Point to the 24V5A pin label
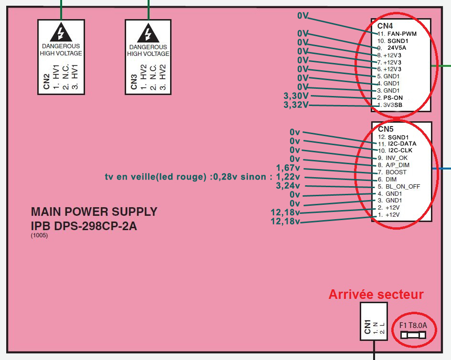pyautogui.click(x=397, y=48)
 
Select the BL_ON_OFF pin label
pyautogui.click(x=403, y=186)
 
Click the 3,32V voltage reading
pyautogui.click(x=296, y=105)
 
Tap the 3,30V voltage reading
pyautogui.click(x=296, y=96)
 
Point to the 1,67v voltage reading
pyautogui.click(x=288, y=168)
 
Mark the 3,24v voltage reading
pyautogui.click(x=288, y=186)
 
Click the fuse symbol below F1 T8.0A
pyautogui.click(x=413, y=336)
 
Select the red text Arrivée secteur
pyautogui.click(x=376, y=295)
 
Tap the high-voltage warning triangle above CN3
pyautogui.click(x=148, y=32)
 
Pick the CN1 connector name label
pyautogui.click(x=367, y=327)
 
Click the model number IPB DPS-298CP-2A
pyautogui.click(x=84, y=226)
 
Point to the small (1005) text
pyautogui.click(x=39, y=235)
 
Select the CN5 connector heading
pyautogui.click(x=386, y=129)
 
